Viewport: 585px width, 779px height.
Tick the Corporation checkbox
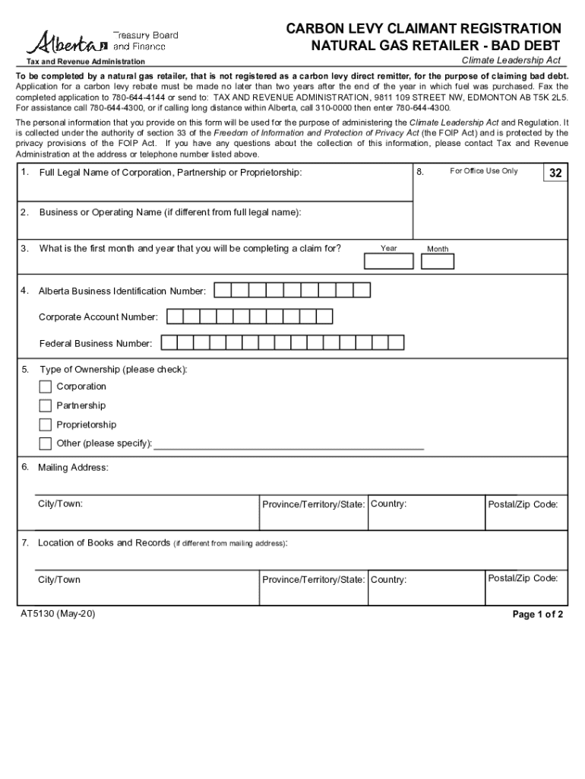(x=46, y=386)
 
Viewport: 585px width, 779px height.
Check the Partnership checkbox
(x=46, y=405)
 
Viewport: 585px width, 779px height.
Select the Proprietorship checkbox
(x=46, y=424)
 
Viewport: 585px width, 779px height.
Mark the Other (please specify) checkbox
(x=46, y=444)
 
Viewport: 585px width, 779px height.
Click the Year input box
(x=389, y=262)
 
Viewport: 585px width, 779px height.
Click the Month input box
(x=438, y=262)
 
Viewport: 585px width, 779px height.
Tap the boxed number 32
(x=555, y=173)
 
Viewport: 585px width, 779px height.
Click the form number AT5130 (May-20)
(x=58, y=613)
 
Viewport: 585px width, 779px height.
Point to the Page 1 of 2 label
(x=538, y=615)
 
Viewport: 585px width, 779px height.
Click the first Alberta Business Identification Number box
(x=223, y=291)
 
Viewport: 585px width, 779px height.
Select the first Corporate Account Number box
(x=174, y=316)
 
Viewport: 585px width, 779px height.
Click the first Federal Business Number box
(x=169, y=343)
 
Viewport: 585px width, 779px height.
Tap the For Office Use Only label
(x=483, y=171)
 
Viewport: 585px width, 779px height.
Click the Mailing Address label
(x=73, y=467)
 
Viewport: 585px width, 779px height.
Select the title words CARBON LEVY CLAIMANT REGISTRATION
(x=423, y=29)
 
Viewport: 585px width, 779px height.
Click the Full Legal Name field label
(x=170, y=173)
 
